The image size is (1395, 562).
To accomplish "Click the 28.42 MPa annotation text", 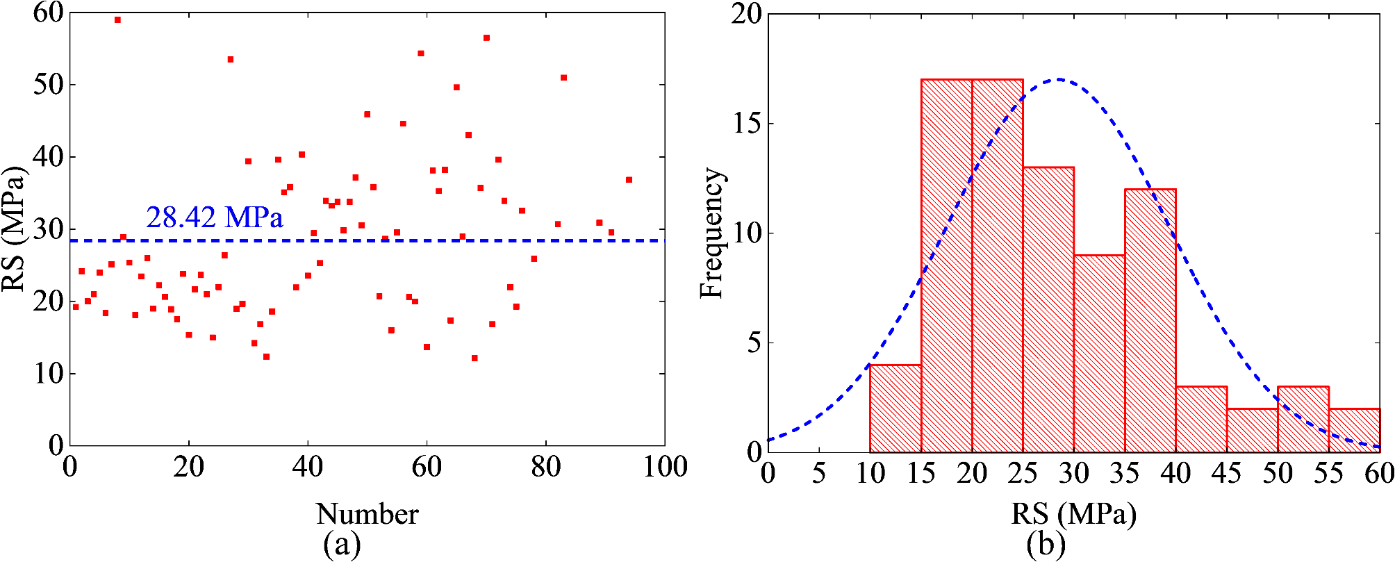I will [x=214, y=218].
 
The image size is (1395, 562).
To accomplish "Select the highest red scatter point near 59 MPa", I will [x=117, y=19].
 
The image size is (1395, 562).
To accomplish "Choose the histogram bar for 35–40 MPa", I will [x=1150, y=320].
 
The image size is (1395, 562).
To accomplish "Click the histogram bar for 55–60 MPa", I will [x=1355, y=430].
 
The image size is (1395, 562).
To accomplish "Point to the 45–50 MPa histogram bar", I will [x=1253, y=430].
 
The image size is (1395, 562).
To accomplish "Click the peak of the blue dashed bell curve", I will [x=1058, y=79].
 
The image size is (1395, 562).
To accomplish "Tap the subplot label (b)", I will [x=1046, y=545].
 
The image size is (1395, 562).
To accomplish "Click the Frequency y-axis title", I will [x=711, y=233].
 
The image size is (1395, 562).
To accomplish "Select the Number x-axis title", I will [x=367, y=515].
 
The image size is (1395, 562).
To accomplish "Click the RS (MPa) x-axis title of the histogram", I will [x=1073, y=515].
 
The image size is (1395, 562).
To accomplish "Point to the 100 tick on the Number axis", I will [x=665, y=467].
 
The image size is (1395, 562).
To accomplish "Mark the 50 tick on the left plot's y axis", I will [x=48, y=85].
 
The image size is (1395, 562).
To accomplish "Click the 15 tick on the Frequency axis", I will [x=748, y=124].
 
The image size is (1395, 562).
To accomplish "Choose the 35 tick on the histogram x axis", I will [x=1125, y=474].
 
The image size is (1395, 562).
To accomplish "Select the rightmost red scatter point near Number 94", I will [x=629, y=180].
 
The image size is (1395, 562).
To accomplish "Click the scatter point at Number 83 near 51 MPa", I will [x=563, y=78].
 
